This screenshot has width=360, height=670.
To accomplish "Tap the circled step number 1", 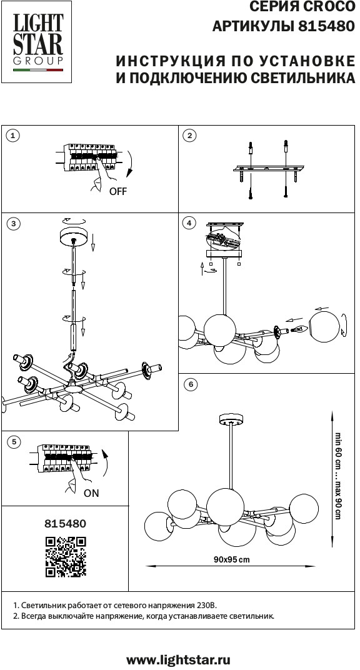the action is tap(13, 136).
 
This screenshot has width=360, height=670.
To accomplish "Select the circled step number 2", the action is tap(189, 136).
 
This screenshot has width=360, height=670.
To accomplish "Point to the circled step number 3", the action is tap(13, 223).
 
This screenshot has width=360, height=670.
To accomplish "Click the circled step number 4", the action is tap(188, 223).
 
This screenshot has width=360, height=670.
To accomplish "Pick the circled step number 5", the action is tap(14, 441).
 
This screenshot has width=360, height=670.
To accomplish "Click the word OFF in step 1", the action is tap(118, 191).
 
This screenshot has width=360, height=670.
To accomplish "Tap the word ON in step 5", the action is tap(91, 493).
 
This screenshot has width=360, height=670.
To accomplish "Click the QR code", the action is tap(66, 557).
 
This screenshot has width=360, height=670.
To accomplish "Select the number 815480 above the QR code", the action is tap(66, 524).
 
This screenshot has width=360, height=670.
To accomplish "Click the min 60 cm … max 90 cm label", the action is tap(337, 476).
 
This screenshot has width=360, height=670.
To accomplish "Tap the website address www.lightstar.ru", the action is tap(179, 660).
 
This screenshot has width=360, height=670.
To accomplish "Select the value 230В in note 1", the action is tap(207, 606).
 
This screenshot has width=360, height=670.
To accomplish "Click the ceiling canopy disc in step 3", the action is tap(74, 236).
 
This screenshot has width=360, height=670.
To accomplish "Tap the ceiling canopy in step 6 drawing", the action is tap(231, 419).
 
